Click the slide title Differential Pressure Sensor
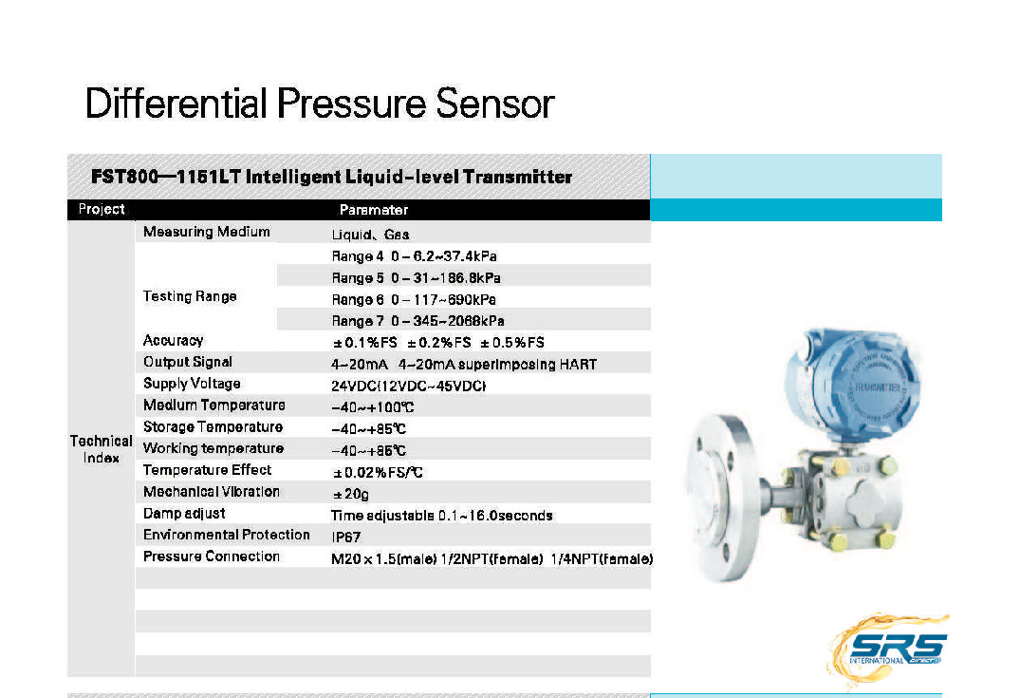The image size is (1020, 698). point(319,103)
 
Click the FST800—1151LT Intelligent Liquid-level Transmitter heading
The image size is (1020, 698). point(331,177)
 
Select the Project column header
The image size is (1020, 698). point(102,209)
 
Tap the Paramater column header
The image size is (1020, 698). point(373,210)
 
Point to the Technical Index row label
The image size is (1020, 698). point(101,449)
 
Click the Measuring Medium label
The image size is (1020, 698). point(206,232)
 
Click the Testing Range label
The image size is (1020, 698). point(190,296)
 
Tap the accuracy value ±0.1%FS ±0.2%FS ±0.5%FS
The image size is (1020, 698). point(437,342)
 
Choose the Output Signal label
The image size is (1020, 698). point(187,362)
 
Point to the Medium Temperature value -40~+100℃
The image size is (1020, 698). point(372,407)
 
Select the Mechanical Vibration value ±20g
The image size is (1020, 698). point(349,494)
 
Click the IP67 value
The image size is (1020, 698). point(345,537)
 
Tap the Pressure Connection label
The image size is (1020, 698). point(211,557)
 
